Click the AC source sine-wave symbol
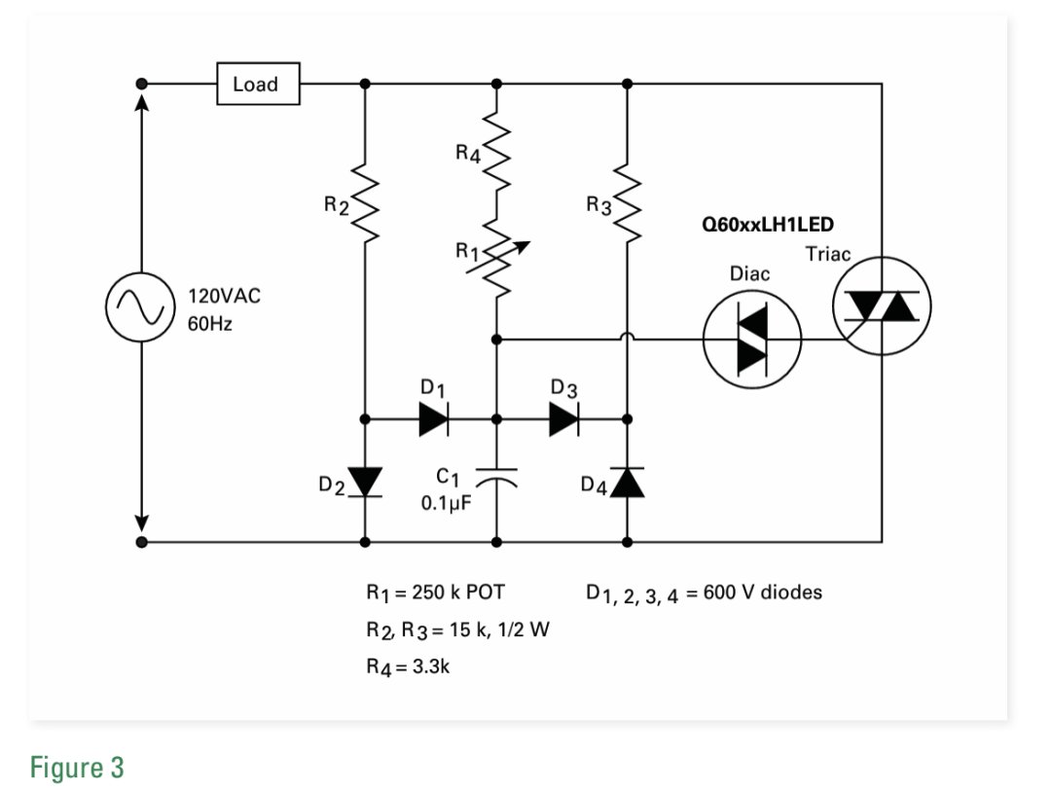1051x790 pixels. pos(141,306)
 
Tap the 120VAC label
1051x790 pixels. pos(224,296)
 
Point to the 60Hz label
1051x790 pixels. pos(210,324)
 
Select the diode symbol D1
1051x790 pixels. pos(434,418)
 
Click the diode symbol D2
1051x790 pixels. pos(365,482)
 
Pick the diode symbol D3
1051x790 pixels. pos(564,418)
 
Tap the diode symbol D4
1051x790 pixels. pos(628,482)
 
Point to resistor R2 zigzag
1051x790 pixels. pos(365,200)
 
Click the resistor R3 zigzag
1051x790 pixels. pos(628,200)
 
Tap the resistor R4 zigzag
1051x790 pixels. pos(496,150)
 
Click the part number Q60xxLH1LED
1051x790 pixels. pos(768,224)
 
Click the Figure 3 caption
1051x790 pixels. pos(77,768)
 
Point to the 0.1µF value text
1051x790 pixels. pos(447,503)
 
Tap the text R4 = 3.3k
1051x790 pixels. pos(408,667)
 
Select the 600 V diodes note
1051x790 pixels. pos(704,593)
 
